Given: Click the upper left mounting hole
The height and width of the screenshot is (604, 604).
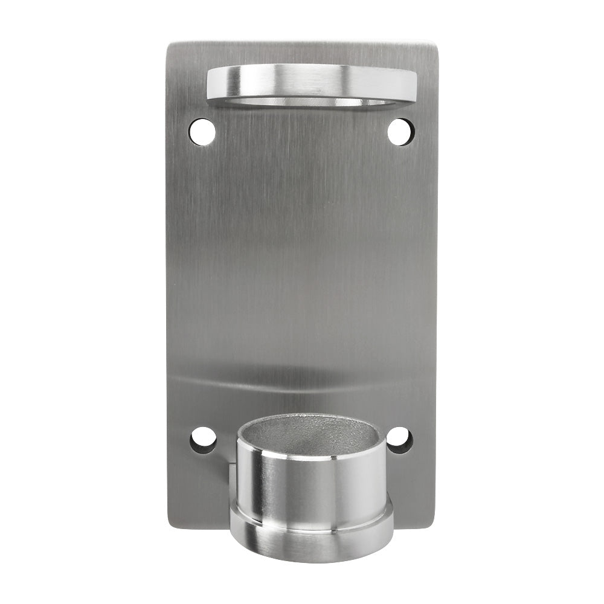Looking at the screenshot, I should tap(202, 132).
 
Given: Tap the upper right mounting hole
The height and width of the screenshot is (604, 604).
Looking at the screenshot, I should tap(400, 132).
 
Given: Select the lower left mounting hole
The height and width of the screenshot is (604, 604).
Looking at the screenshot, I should tap(203, 440).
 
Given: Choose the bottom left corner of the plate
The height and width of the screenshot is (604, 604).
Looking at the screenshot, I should tap(172, 524).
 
